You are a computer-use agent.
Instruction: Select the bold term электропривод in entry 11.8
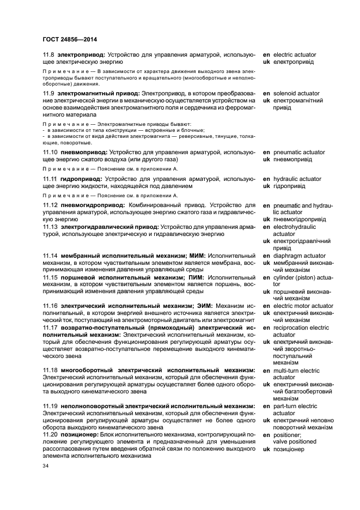click(82, 55)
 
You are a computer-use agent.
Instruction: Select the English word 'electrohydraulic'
click(294, 226)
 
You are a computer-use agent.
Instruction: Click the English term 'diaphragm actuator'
click(299, 255)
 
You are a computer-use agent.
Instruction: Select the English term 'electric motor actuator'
click(303, 306)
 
